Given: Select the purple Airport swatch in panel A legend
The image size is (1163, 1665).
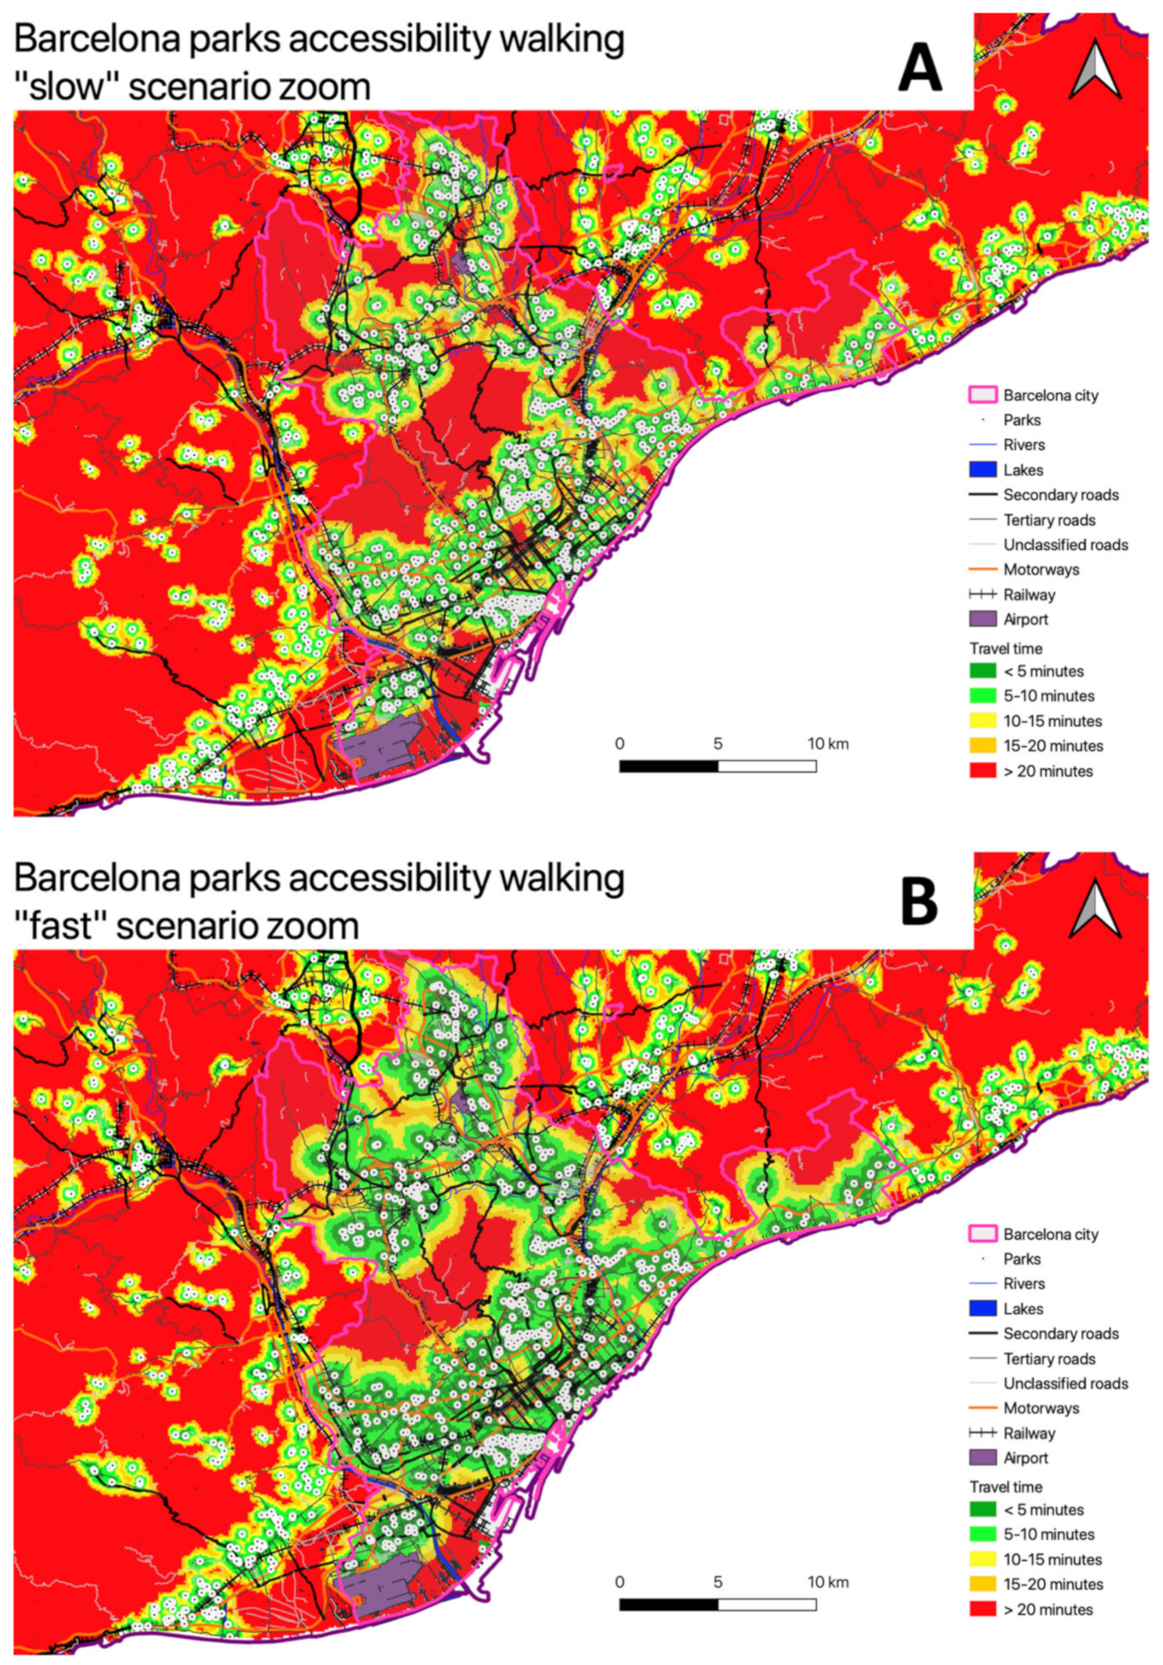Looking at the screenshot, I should click(982, 619).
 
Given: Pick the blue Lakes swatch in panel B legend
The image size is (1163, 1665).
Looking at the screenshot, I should click(982, 1309).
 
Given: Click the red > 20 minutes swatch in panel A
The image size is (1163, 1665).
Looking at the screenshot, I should click(982, 771).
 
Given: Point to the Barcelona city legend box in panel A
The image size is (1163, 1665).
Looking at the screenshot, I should click(982, 395).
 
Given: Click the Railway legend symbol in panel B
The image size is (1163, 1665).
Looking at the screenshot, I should click(982, 1433).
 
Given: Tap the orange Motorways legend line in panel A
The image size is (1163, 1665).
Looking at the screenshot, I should click(982, 569).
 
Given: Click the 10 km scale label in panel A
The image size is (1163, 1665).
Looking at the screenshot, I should click(828, 744).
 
